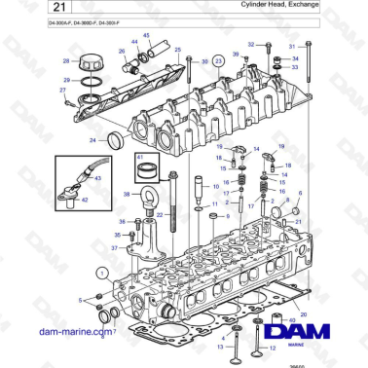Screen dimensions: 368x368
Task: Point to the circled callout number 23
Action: point(219,60)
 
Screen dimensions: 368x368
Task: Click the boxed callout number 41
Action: point(140,158)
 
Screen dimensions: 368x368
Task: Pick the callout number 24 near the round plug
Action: point(92,140)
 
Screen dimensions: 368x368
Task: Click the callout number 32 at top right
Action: point(251,45)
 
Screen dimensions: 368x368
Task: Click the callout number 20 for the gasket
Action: point(304,315)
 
